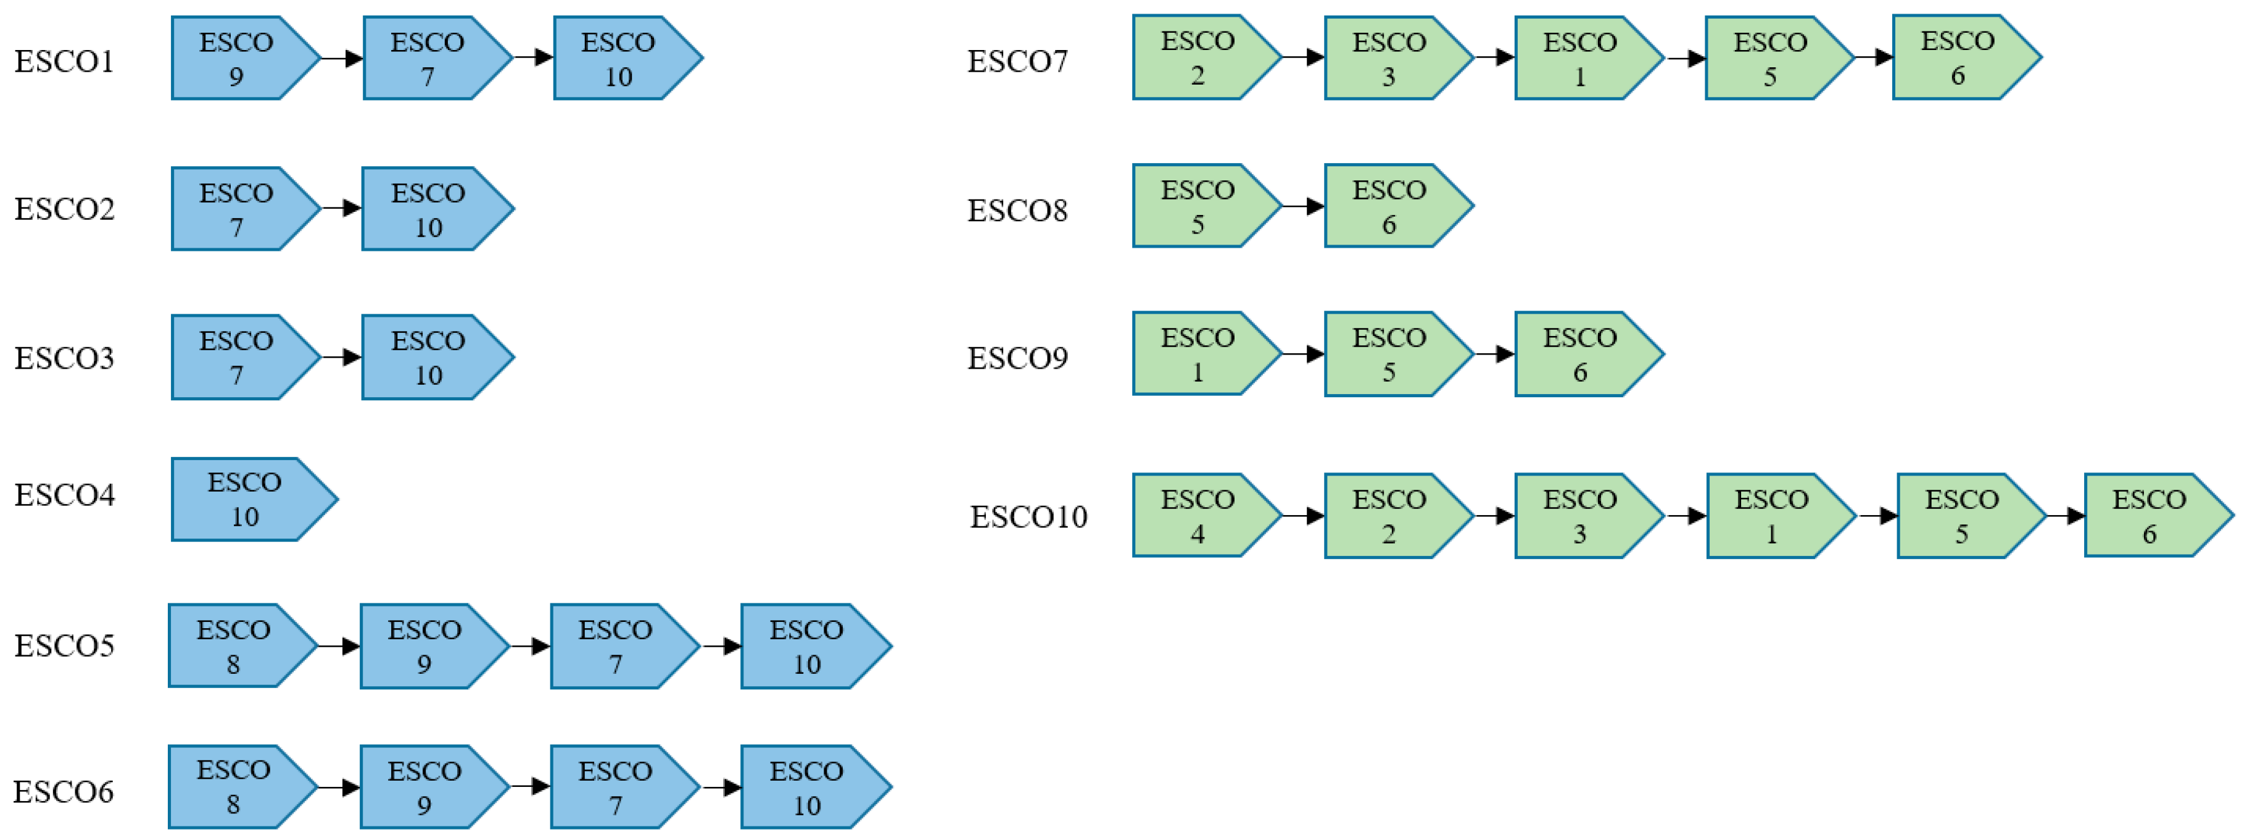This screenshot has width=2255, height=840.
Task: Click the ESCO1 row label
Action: point(64,61)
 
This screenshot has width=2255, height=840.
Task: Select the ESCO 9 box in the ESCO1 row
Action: point(236,59)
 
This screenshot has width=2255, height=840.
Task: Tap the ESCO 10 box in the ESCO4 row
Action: point(245,499)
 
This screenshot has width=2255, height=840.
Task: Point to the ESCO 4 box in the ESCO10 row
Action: point(1198,516)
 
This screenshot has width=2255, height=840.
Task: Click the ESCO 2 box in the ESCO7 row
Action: point(1198,58)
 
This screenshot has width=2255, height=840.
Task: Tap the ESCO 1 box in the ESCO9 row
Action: point(1198,355)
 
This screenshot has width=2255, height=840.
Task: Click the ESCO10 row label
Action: point(1028,517)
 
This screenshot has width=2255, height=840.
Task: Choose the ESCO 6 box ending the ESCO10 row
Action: point(2149,516)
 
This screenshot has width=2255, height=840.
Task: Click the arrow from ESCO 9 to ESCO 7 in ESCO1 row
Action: point(341,59)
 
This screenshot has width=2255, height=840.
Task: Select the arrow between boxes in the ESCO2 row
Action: point(341,209)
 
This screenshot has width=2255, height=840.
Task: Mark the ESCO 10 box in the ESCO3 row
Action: point(429,358)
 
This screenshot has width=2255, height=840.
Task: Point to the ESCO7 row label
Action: point(1017,61)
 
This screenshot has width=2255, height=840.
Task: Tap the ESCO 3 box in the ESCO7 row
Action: point(1389,59)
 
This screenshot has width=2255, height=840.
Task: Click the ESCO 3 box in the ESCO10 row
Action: point(1580,516)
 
